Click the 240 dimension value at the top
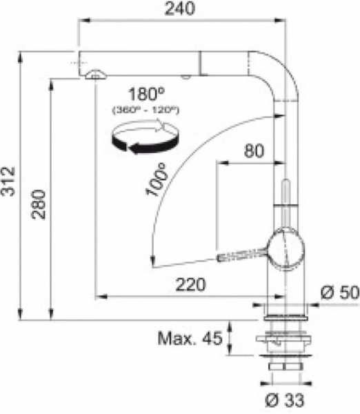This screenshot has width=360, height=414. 180,8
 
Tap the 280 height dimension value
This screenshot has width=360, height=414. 39,204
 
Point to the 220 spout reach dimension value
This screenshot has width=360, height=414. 190,284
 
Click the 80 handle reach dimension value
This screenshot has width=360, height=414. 254,150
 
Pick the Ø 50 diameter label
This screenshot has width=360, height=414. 340,293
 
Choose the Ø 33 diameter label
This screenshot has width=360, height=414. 284,400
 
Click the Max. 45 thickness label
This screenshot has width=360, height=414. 190,338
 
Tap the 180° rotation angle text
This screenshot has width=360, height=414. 146,94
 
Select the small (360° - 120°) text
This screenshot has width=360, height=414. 146,110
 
